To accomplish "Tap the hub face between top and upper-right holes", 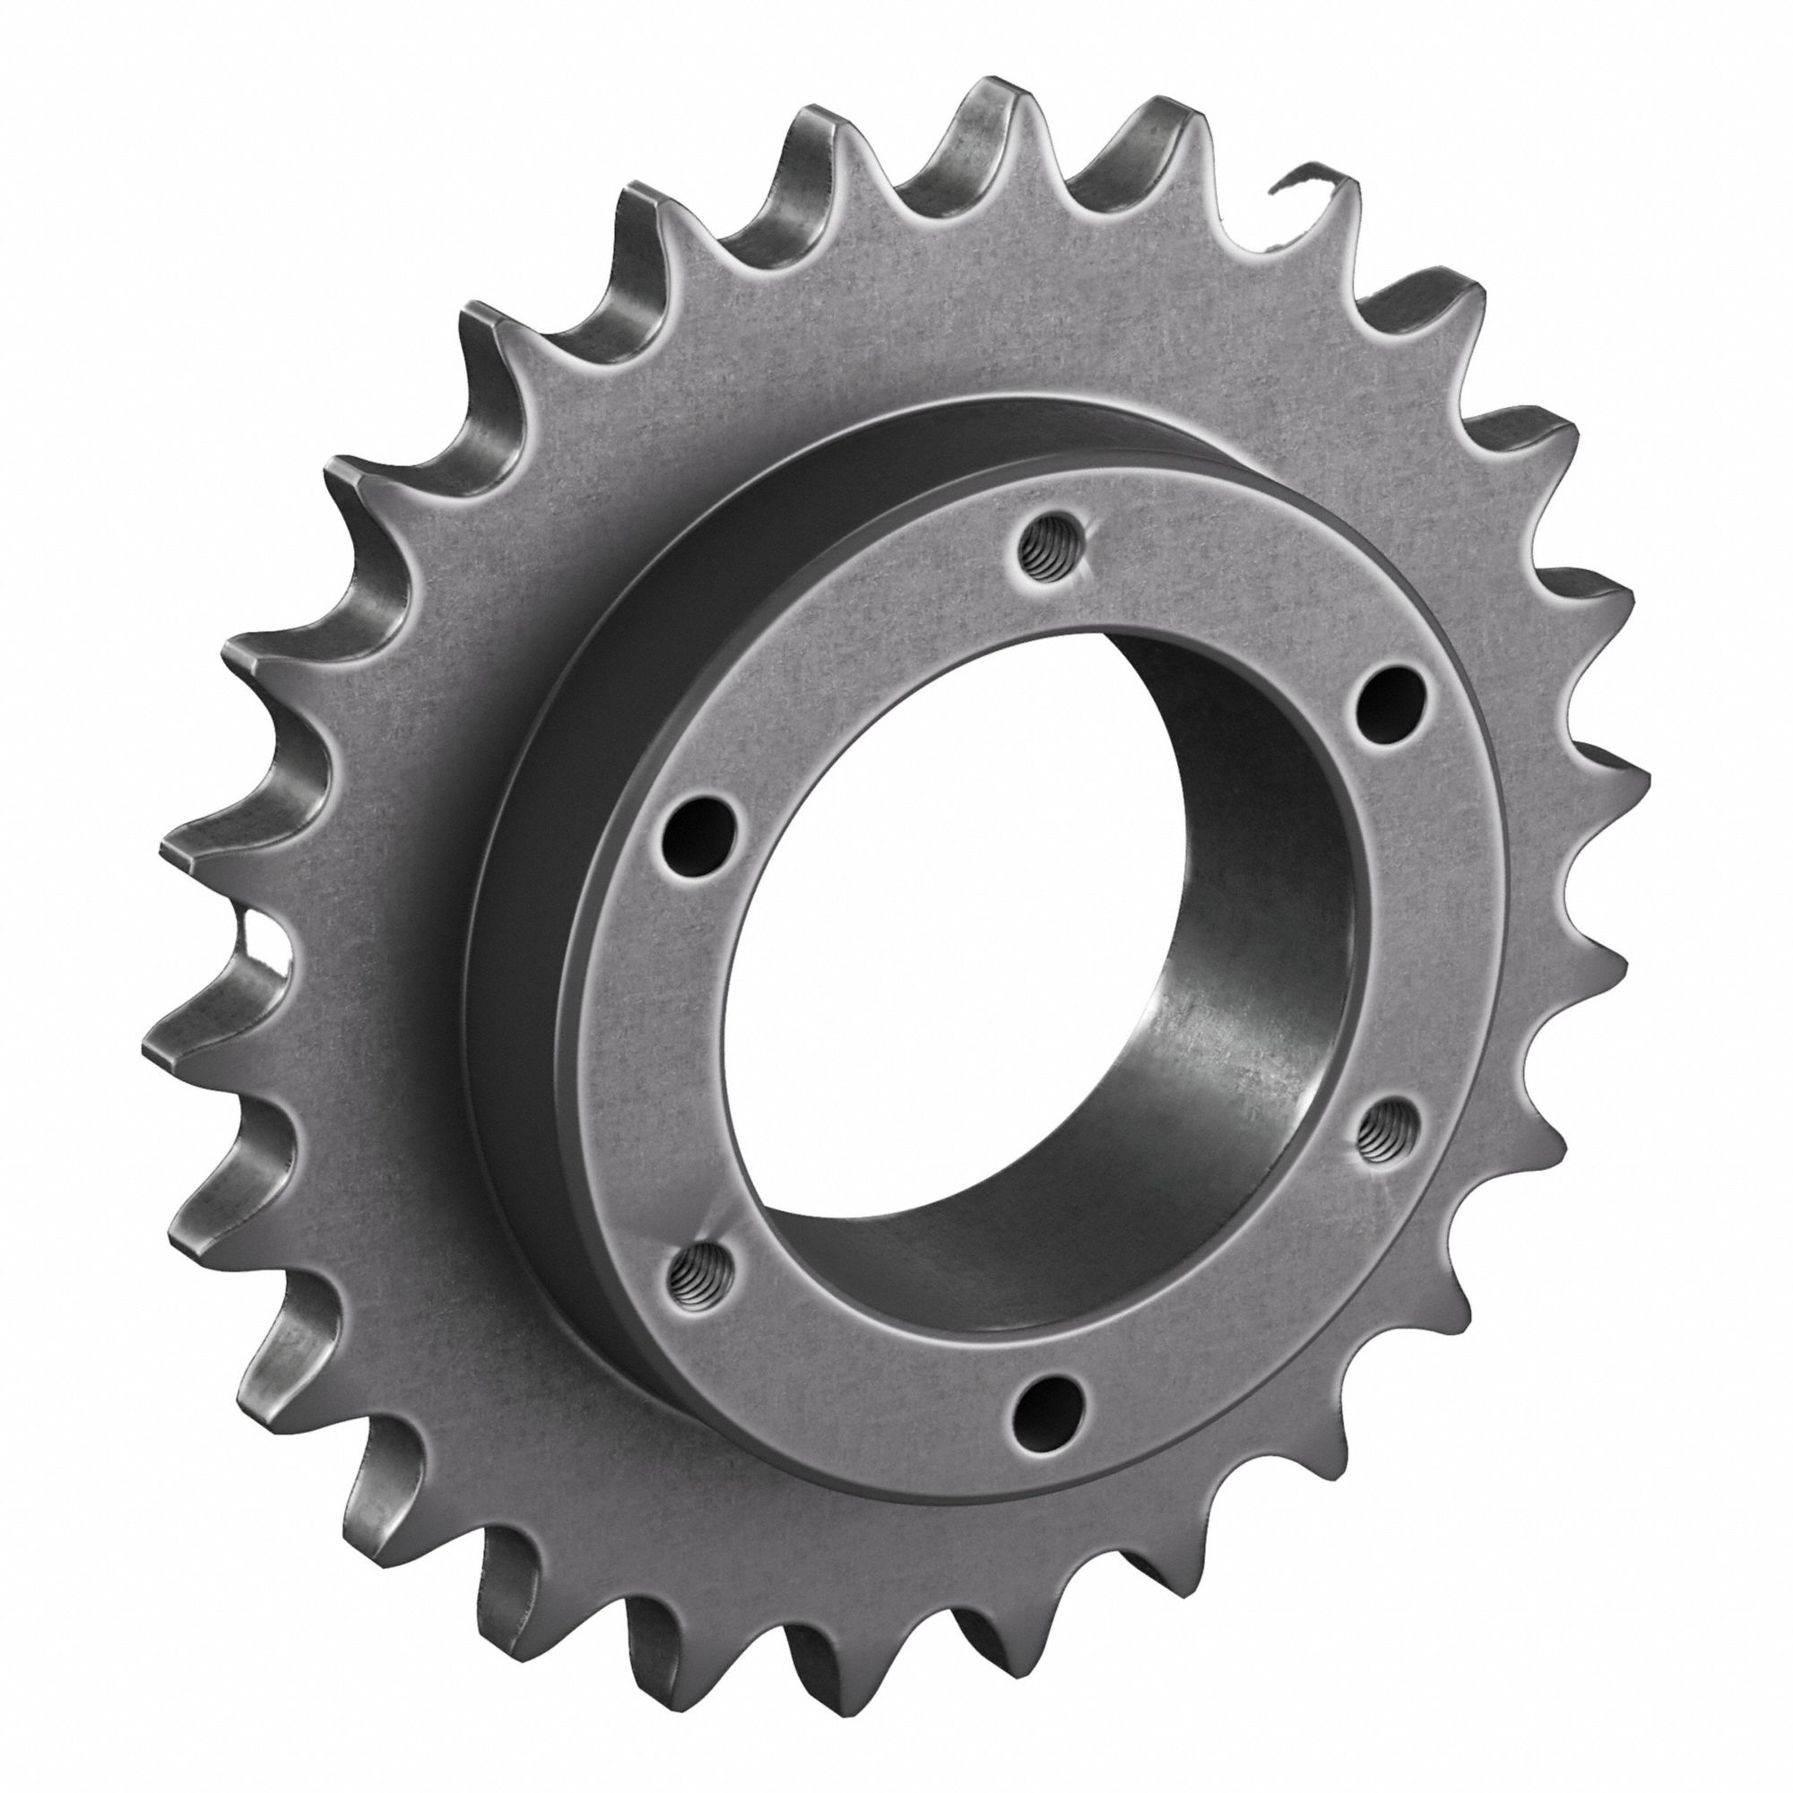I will (1234, 603).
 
